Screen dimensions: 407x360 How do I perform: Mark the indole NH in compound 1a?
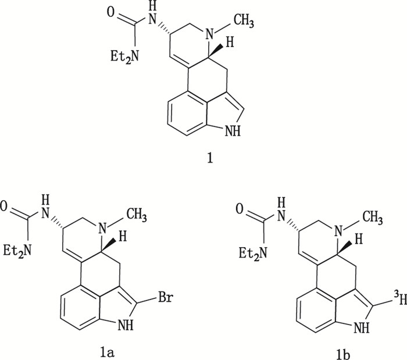click(134, 327)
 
